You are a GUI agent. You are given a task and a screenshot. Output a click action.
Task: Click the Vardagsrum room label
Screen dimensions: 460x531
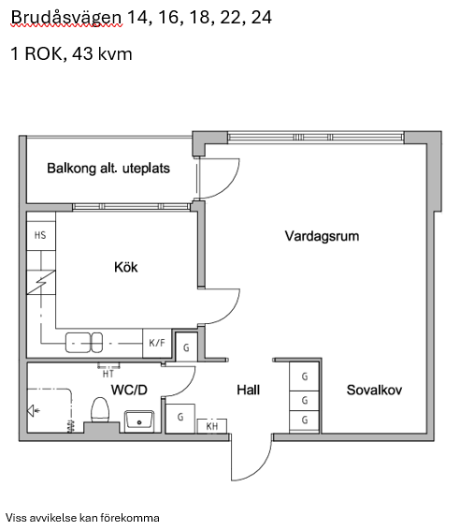pyautogui.click(x=322, y=236)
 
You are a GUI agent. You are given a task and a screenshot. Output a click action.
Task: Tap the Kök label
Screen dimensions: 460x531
pyautogui.click(x=125, y=267)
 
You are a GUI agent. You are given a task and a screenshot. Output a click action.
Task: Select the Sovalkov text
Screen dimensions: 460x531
pyautogui.click(x=374, y=391)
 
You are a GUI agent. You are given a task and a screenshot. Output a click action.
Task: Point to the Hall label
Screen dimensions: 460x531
pyautogui.click(x=249, y=391)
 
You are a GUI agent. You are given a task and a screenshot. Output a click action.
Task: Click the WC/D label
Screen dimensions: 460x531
pyautogui.click(x=129, y=391)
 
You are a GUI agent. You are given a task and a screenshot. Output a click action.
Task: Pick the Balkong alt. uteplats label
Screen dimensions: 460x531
pyautogui.click(x=108, y=169)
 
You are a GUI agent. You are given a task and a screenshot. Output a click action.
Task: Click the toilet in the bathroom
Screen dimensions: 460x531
pyautogui.click(x=100, y=410)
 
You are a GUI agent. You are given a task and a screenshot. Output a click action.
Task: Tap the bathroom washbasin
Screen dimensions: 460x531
pyautogui.click(x=139, y=420)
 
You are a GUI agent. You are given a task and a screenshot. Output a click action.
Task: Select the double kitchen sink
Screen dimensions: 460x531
pyautogui.click(x=84, y=343)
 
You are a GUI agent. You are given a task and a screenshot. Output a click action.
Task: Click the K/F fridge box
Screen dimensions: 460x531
pyautogui.click(x=157, y=343)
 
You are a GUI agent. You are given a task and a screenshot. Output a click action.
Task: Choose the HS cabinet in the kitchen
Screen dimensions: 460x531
pyautogui.click(x=41, y=235)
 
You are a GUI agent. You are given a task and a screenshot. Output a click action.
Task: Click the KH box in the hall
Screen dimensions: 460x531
pyautogui.click(x=212, y=426)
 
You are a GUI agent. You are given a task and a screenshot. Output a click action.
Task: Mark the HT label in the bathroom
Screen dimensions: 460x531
pyautogui.click(x=108, y=374)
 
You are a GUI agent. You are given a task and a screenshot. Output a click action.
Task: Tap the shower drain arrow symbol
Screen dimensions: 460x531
pyautogui.click(x=34, y=411)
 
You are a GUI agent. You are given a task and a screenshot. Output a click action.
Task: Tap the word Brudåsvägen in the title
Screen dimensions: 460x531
pyautogui.click(x=66, y=18)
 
